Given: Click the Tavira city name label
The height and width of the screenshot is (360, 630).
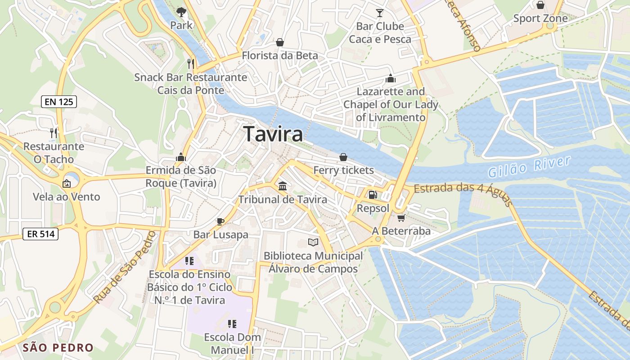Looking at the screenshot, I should [x=273, y=134].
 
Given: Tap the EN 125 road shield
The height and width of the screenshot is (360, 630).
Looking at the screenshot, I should [x=59, y=102].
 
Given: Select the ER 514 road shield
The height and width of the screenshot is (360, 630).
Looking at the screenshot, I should [x=40, y=234].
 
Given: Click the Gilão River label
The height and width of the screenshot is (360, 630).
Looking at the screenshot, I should [x=529, y=167].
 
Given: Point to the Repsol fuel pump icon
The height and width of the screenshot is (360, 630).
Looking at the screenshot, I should [x=373, y=195].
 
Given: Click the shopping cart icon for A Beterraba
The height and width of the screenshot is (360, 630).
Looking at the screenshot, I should [x=401, y=217].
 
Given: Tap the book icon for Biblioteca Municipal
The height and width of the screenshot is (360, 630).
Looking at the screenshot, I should [x=313, y=242].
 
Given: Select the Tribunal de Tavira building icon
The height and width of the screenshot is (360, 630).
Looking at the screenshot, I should [x=283, y=185].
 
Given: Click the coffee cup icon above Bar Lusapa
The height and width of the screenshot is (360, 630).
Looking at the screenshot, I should [x=220, y=221].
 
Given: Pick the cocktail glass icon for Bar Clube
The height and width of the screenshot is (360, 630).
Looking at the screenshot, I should [x=380, y=13].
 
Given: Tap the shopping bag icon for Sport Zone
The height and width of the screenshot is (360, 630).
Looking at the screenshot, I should [x=540, y=5].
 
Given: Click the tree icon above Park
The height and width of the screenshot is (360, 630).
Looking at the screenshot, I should [x=181, y=12].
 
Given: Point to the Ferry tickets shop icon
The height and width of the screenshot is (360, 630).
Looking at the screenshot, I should [x=343, y=157].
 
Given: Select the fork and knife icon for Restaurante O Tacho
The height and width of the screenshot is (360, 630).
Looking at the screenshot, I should [x=54, y=133].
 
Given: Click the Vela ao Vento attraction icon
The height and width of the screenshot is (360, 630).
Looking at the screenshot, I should [x=66, y=183].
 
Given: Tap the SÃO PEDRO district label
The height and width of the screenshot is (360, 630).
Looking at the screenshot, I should [x=58, y=347].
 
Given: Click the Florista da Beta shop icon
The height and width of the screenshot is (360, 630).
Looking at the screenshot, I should [x=280, y=42].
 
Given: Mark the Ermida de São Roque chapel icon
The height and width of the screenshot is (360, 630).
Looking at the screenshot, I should [x=181, y=157].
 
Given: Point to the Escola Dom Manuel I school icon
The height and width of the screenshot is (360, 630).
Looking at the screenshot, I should [x=232, y=324].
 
